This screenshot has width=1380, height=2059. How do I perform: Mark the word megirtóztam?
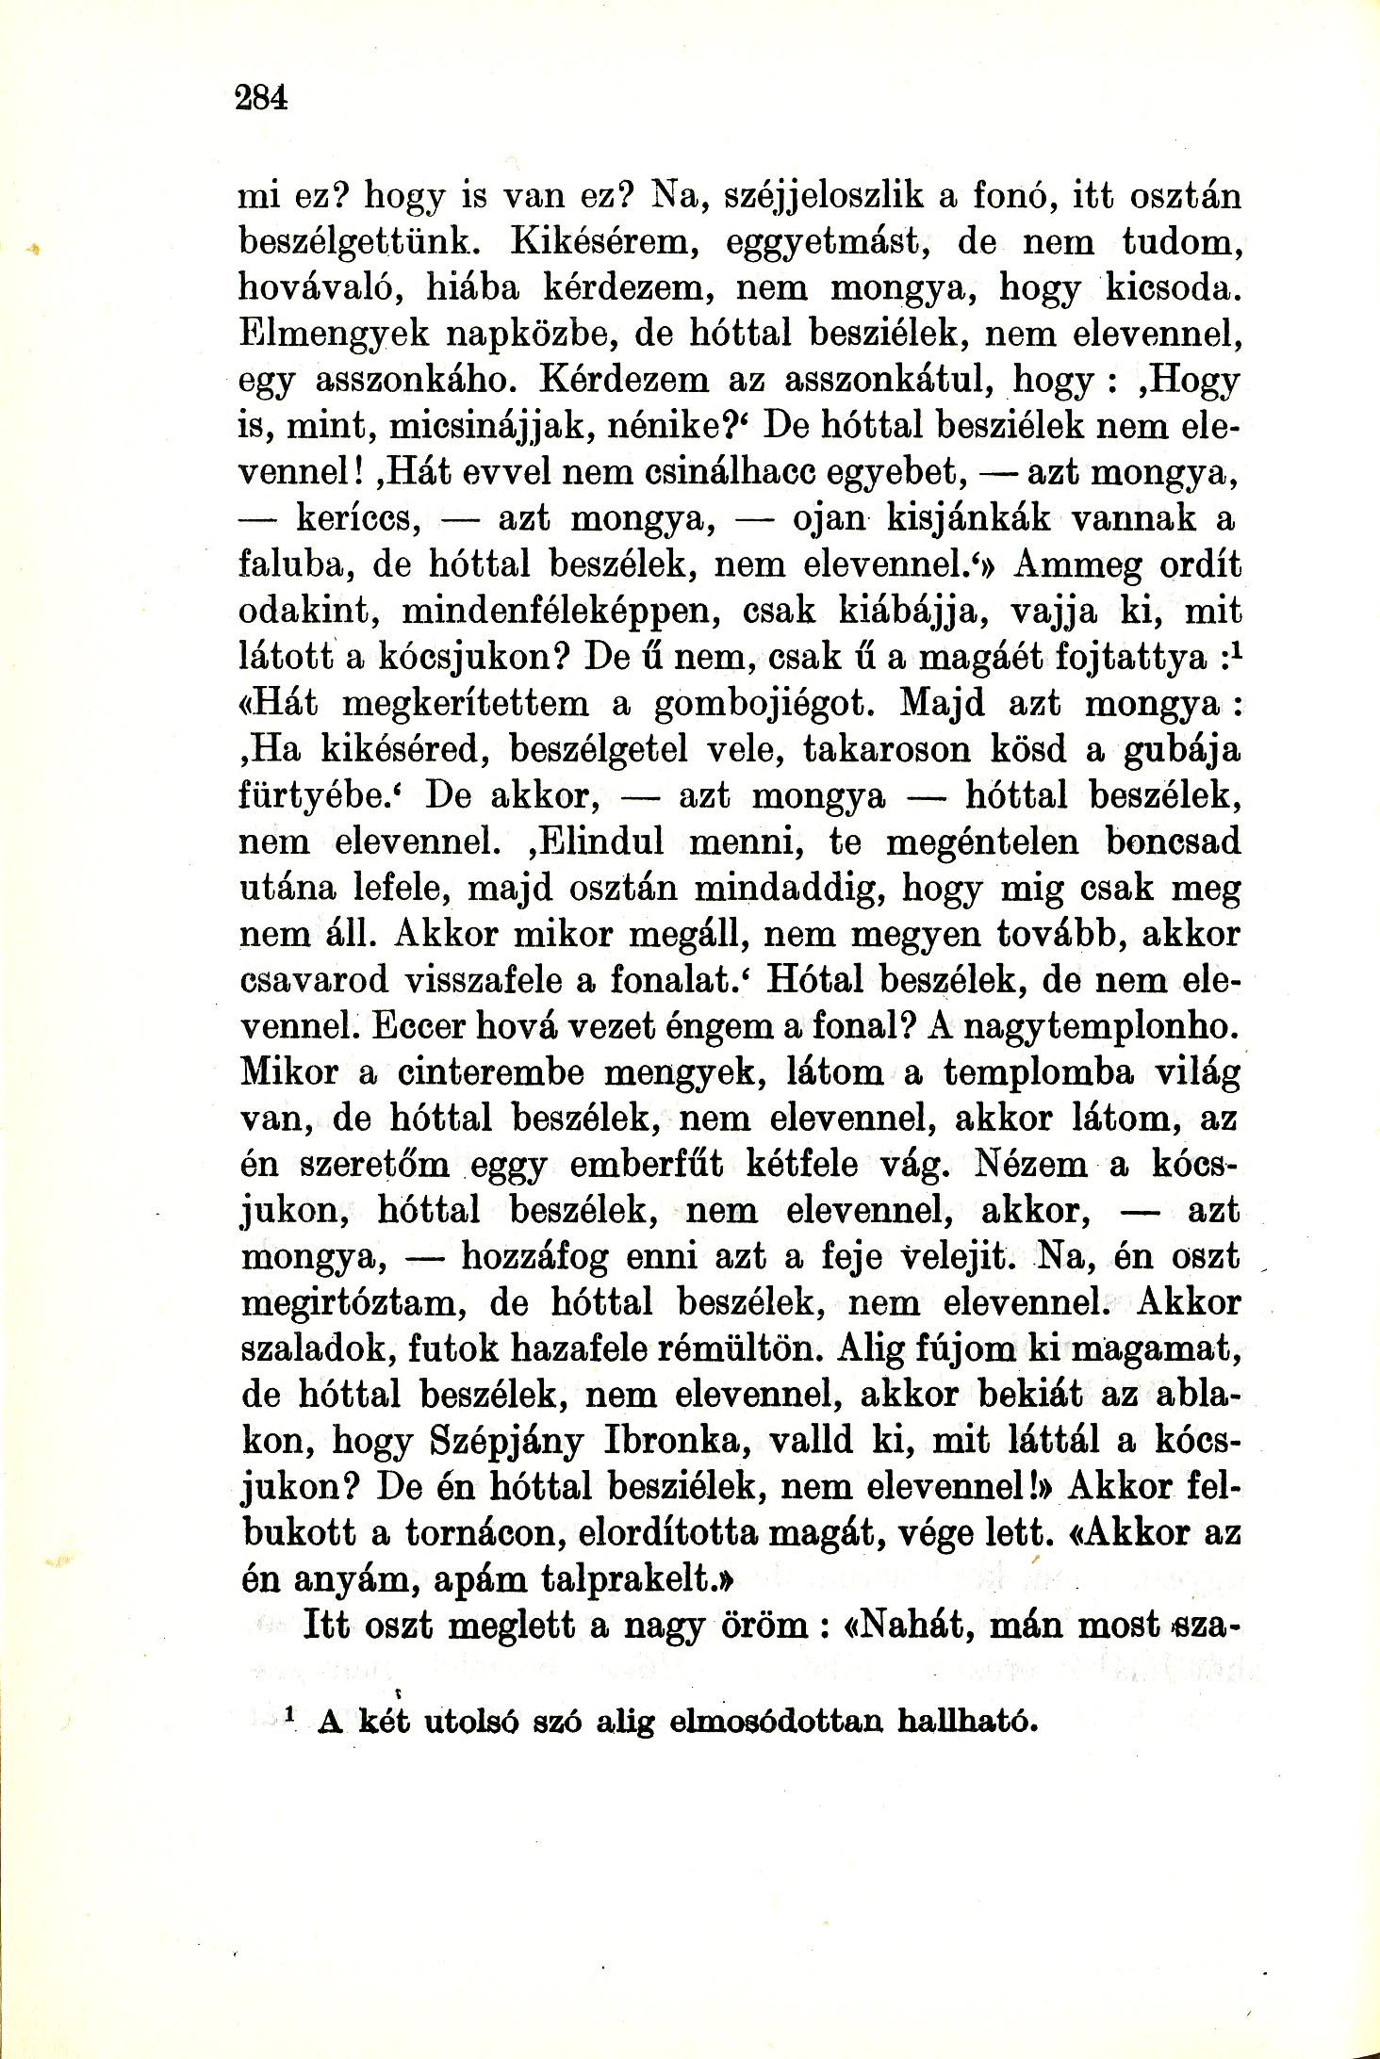pyautogui.click(x=349, y=1304)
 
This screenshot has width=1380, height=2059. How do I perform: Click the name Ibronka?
pyautogui.click(x=674, y=1443)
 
